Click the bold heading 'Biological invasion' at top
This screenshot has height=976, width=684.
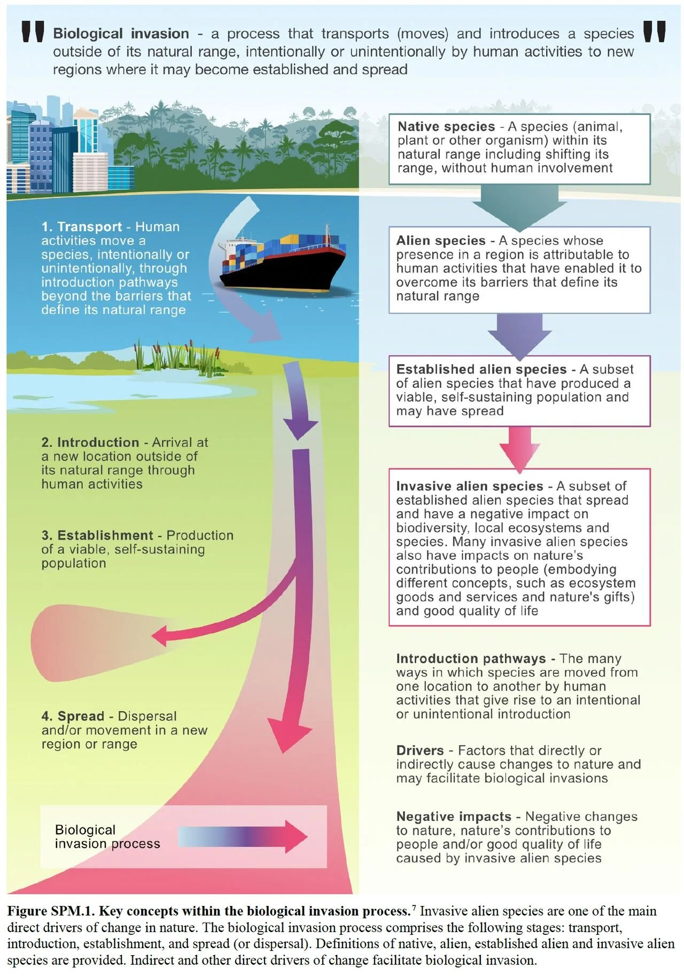121,34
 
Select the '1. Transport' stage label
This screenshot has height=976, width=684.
82,227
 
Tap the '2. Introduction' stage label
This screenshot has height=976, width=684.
90,442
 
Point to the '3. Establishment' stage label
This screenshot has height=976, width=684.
97,535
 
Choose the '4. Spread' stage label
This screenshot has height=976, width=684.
73,716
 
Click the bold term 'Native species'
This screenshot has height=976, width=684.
446,127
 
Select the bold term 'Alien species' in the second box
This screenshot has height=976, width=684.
441,241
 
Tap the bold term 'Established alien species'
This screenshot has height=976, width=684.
481,370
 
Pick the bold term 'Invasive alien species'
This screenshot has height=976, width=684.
469,486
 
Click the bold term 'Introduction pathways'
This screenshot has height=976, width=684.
471,658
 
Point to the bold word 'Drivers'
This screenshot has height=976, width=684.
420,750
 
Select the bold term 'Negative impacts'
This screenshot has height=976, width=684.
454,817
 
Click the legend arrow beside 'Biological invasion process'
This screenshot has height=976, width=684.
243,836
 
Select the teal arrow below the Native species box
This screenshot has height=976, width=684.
519,206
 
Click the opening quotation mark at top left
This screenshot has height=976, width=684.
33,32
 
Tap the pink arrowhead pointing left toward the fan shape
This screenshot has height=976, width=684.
160,637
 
